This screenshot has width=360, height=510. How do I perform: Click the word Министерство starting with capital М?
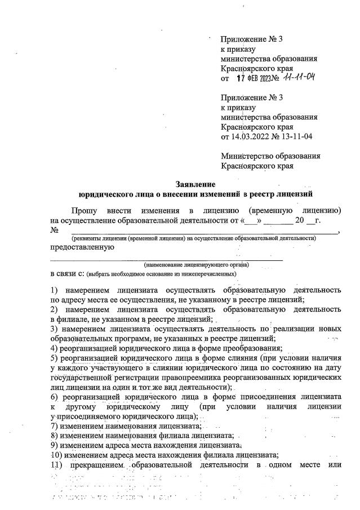[246, 156]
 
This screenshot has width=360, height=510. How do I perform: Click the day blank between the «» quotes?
[251, 220]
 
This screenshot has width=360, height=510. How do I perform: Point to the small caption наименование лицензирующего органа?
[197, 264]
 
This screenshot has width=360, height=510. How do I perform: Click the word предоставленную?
[83, 247]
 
